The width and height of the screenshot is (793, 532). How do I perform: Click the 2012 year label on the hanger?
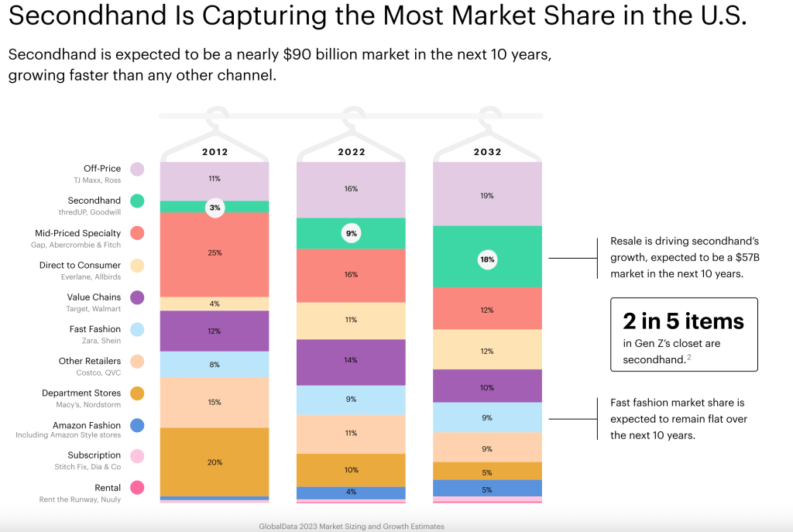coord(215,152)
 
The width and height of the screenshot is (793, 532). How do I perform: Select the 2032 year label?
coord(487,152)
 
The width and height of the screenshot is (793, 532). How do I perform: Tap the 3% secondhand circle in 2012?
coord(215,208)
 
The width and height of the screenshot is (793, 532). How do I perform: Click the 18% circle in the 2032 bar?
coord(487,260)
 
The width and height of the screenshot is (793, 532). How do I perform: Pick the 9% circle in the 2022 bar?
coord(351,233)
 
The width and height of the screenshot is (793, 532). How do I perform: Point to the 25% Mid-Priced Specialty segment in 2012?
coord(215,252)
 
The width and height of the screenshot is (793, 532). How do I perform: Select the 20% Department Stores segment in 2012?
coord(215,462)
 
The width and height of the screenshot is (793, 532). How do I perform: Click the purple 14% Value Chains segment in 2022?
coord(351,361)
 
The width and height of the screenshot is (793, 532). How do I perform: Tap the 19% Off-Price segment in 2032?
coord(487,196)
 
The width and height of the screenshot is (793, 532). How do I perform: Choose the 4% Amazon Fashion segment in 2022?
coord(351,493)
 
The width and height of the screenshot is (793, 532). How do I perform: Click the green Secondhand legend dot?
coord(137,201)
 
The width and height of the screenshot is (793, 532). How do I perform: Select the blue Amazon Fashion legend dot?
coord(137,425)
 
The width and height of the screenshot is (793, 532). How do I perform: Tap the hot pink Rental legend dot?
coord(137,487)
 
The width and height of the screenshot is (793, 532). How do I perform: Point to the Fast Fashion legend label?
coord(94,329)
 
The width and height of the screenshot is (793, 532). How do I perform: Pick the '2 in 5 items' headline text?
coord(683,321)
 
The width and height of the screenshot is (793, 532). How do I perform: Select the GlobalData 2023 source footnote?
coord(352,526)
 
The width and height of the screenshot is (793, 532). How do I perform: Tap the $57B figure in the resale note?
coord(725,258)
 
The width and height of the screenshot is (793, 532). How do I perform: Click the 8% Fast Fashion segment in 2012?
coord(215,364)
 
